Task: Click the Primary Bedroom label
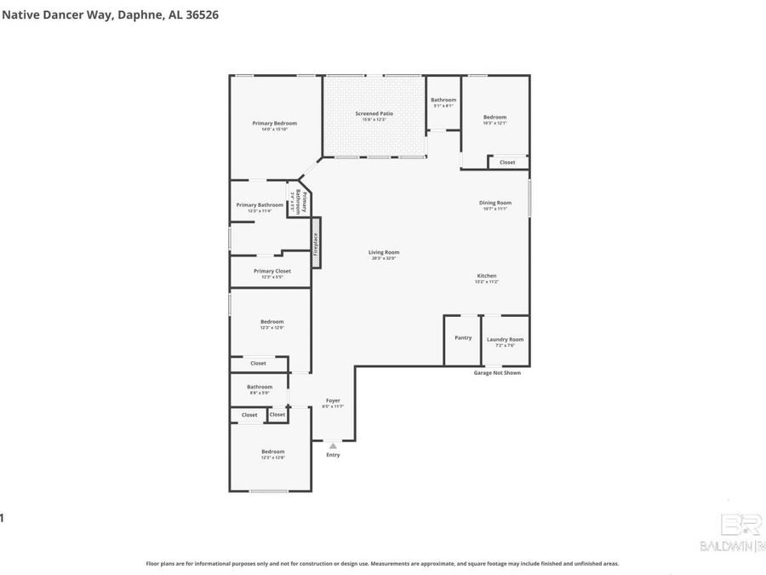[x=274, y=124]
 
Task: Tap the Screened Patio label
[x=374, y=113]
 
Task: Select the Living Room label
[x=384, y=252]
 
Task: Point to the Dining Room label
[x=494, y=203]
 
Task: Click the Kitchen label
[x=486, y=276]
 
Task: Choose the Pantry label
[x=463, y=337]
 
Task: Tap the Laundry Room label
[x=505, y=340]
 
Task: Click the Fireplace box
[x=315, y=245]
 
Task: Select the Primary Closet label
[x=272, y=271]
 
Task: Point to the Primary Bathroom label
[x=260, y=205]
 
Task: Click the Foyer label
[x=333, y=400]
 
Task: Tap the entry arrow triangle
[x=333, y=445]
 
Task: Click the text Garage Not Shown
[x=496, y=372]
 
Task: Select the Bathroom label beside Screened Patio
[x=443, y=100]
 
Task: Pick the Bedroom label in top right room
[x=494, y=118]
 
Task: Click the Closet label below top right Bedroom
[x=507, y=162]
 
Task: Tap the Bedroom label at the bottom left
[x=272, y=451]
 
